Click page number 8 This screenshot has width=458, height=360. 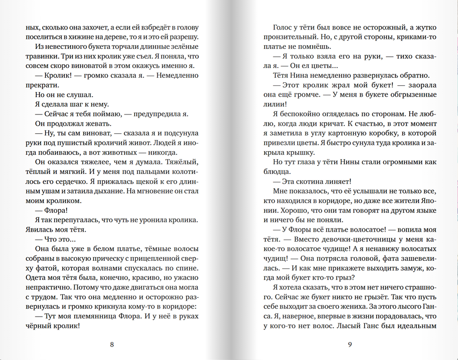click(x=112, y=344)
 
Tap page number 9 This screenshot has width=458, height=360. click(x=350, y=344)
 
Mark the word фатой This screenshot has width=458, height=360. click(x=48, y=268)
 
